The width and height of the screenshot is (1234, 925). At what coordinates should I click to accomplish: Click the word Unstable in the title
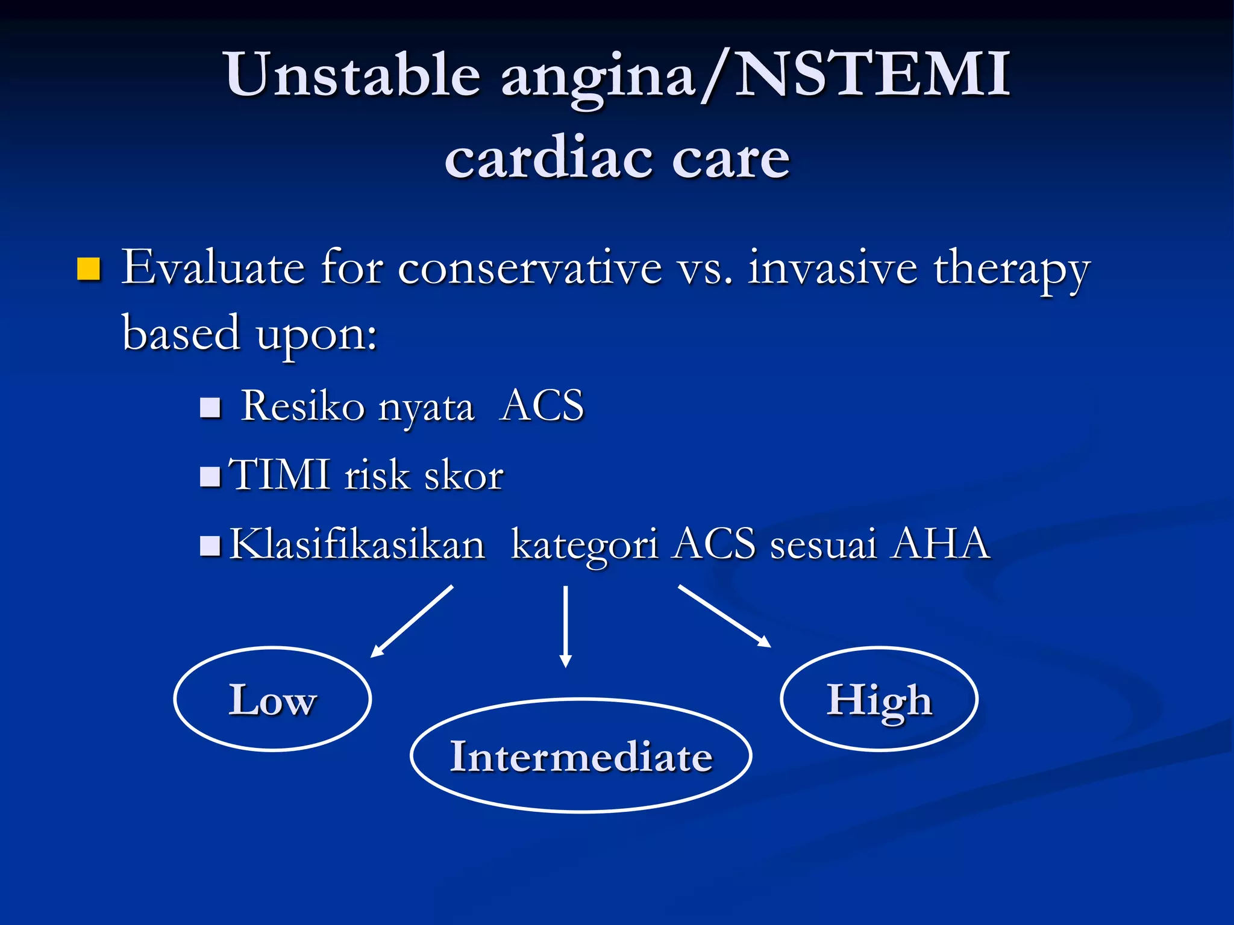click(x=353, y=75)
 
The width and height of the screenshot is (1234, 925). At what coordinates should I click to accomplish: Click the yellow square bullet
click(x=89, y=269)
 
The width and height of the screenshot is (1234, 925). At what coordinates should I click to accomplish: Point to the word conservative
click(x=530, y=268)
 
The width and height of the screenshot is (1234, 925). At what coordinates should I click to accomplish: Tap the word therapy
click(x=1012, y=270)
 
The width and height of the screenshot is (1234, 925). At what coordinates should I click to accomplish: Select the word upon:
click(x=316, y=335)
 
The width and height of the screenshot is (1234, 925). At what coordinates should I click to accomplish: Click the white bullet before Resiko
click(x=210, y=408)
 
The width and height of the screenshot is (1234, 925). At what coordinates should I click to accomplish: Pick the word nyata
click(x=426, y=408)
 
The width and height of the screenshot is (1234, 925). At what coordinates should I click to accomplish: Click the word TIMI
click(x=280, y=475)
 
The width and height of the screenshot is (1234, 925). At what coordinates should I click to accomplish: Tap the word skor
click(x=464, y=476)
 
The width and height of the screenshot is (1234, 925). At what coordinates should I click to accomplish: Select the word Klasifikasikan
click(x=357, y=544)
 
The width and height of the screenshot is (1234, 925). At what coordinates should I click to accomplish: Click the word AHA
click(x=941, y=544)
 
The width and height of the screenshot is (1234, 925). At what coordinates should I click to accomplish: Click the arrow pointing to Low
click(x=412, y=621)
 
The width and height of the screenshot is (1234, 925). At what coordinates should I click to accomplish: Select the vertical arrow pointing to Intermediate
click(x=565, y=626)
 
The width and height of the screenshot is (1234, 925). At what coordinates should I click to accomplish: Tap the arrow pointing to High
click(x=724, y=616)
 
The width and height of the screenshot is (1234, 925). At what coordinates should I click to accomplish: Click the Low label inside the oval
click(x=272, y=700)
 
